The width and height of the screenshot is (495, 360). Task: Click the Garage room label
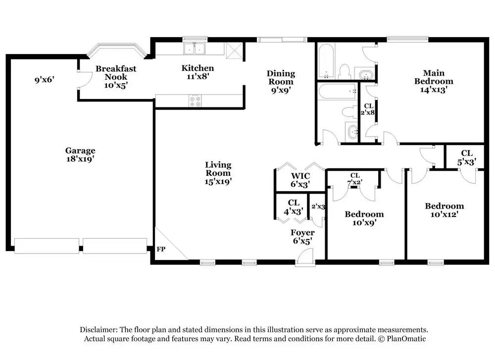(x=80, y=151)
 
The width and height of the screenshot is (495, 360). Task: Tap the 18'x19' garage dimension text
(x=80, y=159)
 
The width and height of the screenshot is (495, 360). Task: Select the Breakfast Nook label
(x=116, y=73)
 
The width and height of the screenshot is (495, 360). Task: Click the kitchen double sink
(x=194, y=49)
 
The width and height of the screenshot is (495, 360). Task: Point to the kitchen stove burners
(x=195, y=101)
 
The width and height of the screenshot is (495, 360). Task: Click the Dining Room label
(x=281, y=78)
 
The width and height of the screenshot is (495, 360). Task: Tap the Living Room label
(x=218, y=169)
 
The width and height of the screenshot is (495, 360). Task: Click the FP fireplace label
(x=161, y=249)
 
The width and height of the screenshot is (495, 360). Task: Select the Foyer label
(x=302, y=233)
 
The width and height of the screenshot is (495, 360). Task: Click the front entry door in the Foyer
(x=305, y=257)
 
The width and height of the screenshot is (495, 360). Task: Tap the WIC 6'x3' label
(x=300, y=180)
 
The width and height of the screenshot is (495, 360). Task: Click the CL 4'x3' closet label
(x=294, y=207)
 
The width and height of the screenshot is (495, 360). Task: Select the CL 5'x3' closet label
(x=467, y=157)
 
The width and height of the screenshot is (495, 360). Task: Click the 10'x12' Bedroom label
(x=444, y=210)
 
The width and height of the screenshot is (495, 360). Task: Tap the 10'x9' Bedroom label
(x=364, y=218)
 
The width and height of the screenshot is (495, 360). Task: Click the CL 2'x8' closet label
(x=368, y=109)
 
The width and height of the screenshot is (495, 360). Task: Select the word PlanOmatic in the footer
(x=406, y=339)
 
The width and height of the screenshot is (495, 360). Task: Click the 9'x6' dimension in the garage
(x=45, y=79)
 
